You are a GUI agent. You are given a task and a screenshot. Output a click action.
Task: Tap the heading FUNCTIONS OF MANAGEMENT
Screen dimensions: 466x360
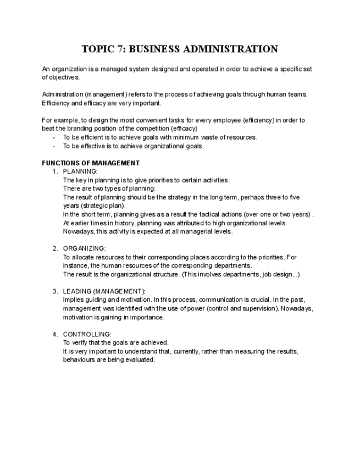click(x=91, y=163)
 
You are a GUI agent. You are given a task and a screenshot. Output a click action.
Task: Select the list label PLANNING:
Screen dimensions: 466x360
click(x=80, y=172)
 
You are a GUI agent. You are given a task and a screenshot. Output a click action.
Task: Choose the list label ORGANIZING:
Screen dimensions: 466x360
click(x=84, y=248)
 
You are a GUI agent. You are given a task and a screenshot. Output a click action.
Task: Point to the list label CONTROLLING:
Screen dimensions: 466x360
click(x=87, y=334)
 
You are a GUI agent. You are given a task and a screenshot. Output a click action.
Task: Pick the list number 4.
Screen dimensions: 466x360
click(x=55, y=334)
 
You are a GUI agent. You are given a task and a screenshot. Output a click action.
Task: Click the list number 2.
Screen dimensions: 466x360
click(x=55, y=248)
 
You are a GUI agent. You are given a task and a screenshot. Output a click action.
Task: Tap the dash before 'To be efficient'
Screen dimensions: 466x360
click(x=54, y=137)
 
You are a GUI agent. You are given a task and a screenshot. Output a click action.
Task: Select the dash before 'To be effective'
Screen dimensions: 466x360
click(x=54, y=146)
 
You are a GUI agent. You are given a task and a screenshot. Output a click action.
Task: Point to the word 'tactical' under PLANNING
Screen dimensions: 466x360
click(x=206, y=214)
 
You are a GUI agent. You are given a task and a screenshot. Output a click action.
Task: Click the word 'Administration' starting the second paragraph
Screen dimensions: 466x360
click(x=62, y=95)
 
